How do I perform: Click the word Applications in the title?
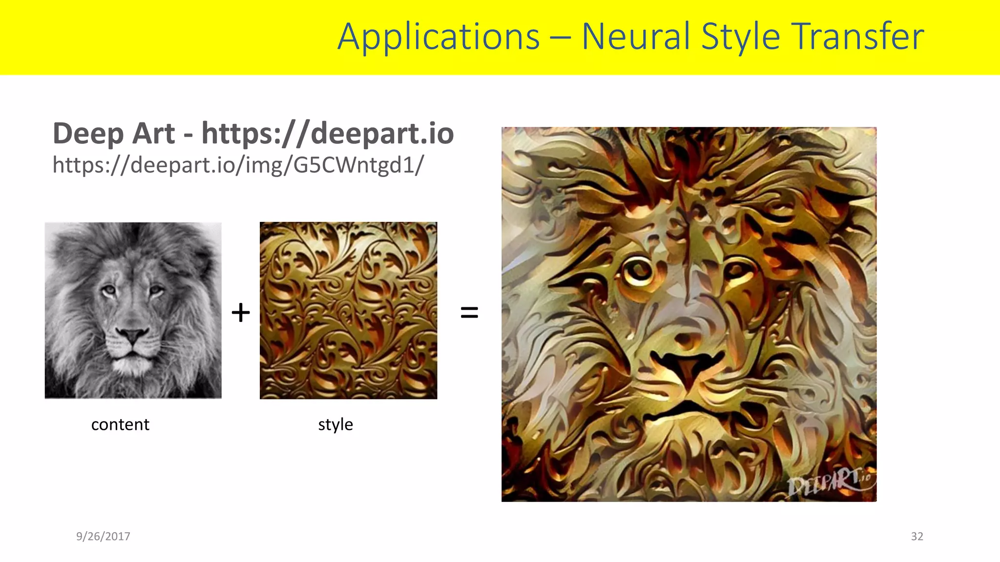click(438, 37)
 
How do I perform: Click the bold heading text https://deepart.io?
click(328, 133)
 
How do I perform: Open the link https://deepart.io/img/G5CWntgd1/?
click(238, 165)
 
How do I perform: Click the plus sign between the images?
click(240, 312)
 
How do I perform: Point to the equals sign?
click(469, 312)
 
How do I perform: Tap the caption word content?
click(120, 424)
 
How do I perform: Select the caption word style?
click(335, 424)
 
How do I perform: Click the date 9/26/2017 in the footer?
click(103, 536)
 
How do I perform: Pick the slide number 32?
click(917, 536)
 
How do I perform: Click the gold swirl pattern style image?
click(348, 310)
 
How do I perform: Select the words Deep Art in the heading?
click(113, 133)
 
